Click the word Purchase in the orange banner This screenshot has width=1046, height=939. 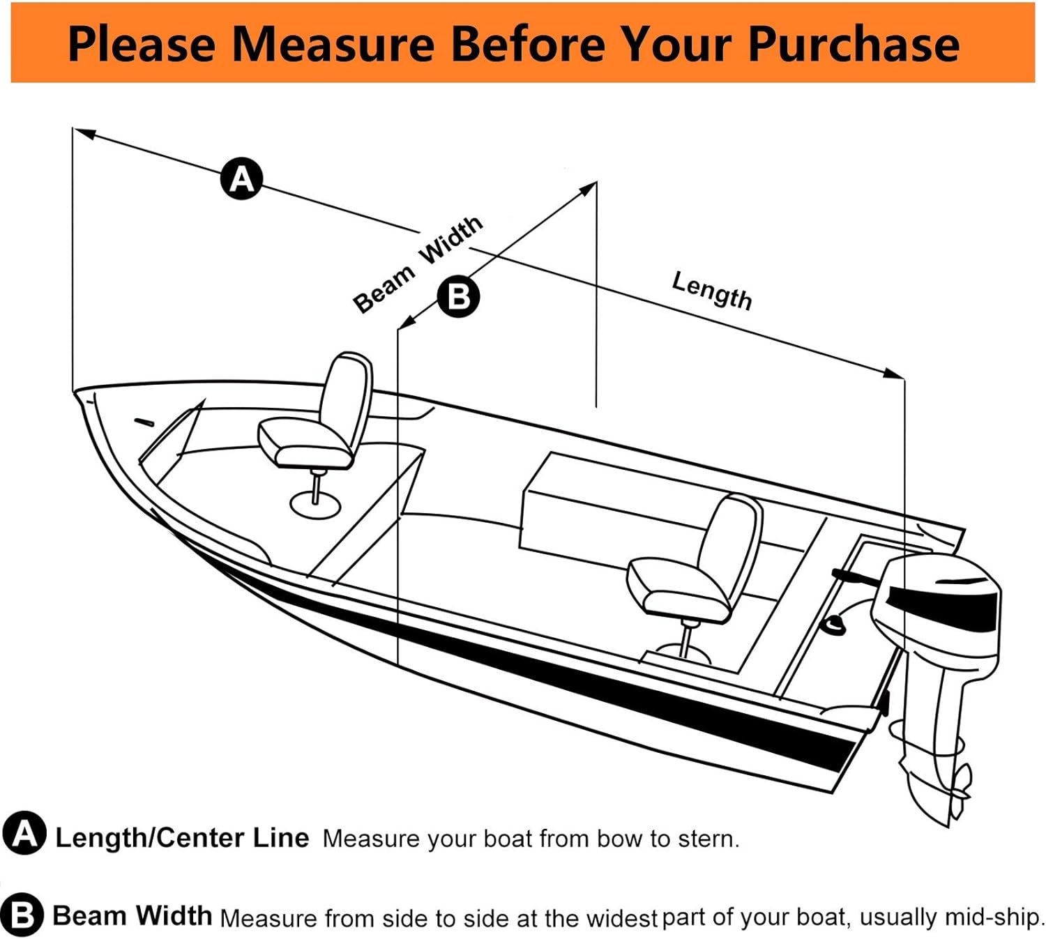coord(854,44)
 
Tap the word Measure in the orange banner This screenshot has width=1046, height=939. coord(333,44)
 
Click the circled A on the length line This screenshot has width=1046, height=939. coord(241,179)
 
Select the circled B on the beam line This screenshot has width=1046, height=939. coord(458,296)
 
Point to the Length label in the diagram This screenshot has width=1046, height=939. coord(711,290)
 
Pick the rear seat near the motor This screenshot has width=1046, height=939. coord(697,565)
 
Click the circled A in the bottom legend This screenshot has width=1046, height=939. coord(24,834)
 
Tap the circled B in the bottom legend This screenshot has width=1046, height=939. coord(22,914)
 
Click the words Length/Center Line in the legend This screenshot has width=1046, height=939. coord(181,837)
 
